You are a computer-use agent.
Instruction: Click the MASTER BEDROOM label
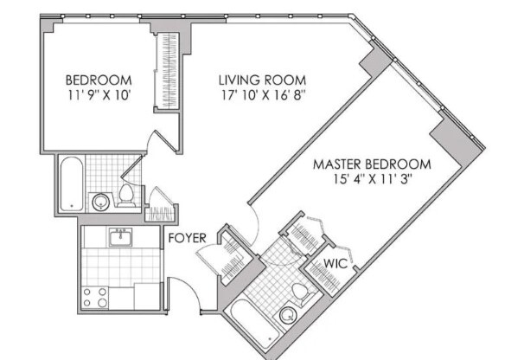pos(371,164)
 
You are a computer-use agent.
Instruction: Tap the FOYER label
pos(186,236)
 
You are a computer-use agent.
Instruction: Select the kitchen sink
pos(122,235)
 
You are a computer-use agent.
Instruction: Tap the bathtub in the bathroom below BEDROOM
pos(71,184)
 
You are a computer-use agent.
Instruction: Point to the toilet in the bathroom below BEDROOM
pos(126,194)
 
